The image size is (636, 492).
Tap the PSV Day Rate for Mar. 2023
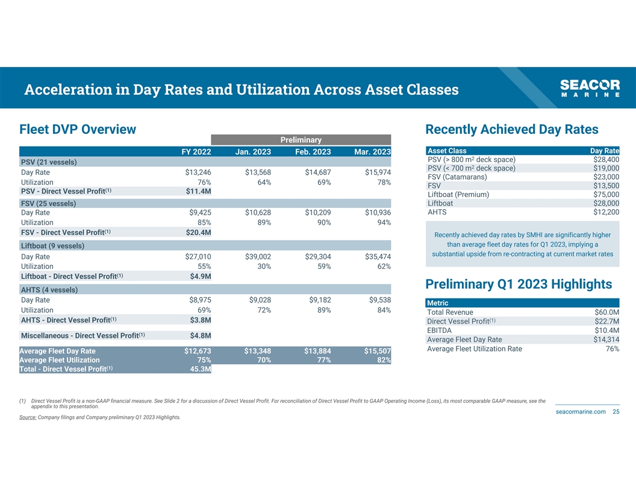(x=378, y=173)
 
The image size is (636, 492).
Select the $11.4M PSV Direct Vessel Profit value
(x=198, y=192)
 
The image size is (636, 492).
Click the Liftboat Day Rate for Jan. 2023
(x=258, y=257)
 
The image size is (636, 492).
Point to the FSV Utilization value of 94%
(x=384, y=222)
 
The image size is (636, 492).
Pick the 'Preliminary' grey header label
(x=301, y=140)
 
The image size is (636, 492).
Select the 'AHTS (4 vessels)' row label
(x=49, y=289)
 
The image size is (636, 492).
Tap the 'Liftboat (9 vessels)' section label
(x=52, y=245)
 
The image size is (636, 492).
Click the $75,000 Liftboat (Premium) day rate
(x=604, y=194)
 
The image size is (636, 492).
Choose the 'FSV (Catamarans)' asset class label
(x=457, y=177)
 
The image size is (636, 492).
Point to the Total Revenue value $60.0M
(x=606, y=312)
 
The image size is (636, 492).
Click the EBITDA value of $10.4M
(x=606, y=330)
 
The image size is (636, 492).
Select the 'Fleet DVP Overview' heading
(x=78, y=130)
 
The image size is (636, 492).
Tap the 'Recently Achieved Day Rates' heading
(x=511, y=130)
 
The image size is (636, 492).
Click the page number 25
(x=616, y=411)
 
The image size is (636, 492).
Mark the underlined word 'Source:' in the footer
(x=28, y=417)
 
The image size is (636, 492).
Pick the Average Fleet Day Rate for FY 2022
(x=197, y=351)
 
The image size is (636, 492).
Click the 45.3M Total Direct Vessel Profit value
(x=200, y=369)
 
